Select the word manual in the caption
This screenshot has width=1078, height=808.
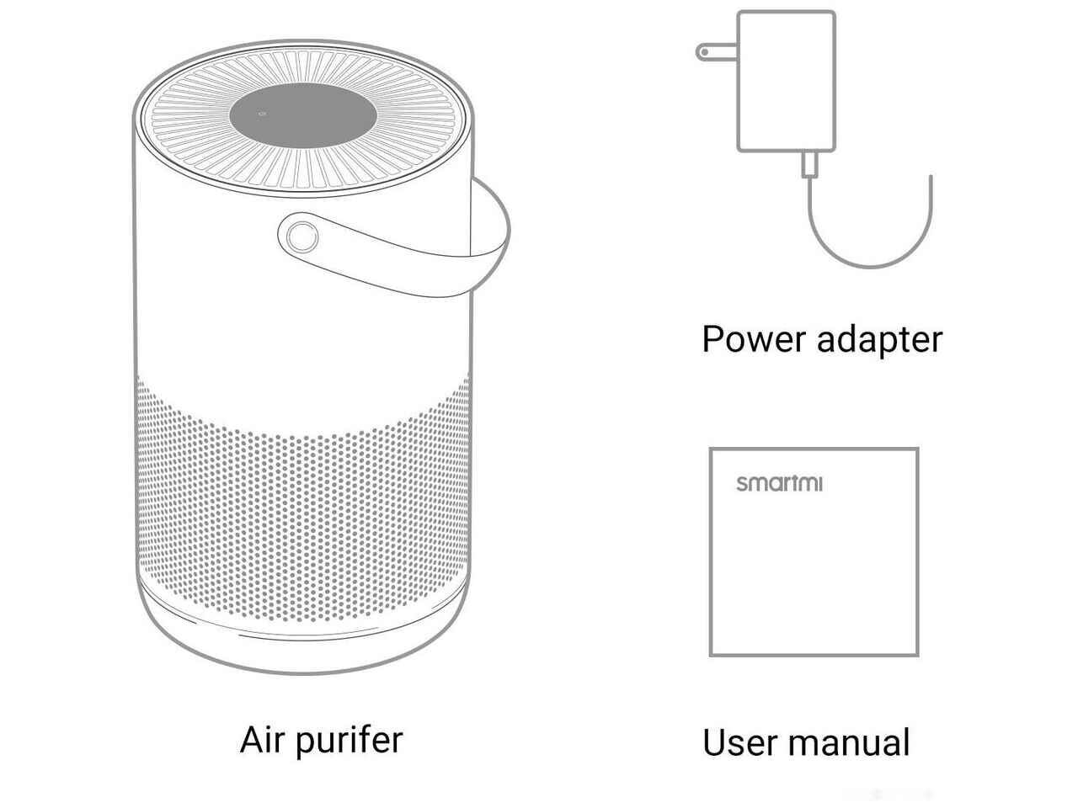coord(849,742)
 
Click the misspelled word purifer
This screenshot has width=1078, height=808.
coord(350,742)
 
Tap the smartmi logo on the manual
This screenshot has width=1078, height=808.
coord(779,483)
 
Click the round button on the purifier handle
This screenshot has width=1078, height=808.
coord(302,237)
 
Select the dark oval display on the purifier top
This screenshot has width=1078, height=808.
coord(303,115)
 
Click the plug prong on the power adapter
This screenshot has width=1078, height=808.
coord(717,52)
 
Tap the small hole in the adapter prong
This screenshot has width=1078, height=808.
coord(704,51)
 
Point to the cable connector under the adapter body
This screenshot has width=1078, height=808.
coord(809,163)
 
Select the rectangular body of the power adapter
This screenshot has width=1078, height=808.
coord(787,81)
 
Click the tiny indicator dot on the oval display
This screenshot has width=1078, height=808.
coord(262,114)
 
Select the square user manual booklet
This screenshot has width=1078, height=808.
coord(814,552)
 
